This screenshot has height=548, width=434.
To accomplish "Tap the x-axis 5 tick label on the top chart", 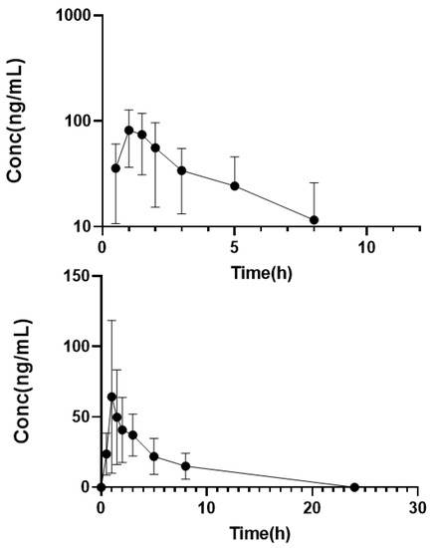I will click(234, 246).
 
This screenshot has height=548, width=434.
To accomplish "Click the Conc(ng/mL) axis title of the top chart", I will click(16, 121).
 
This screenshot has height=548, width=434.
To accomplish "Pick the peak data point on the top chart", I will click(128, 130).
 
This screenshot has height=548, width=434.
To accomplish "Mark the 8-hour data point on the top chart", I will click(314, 219).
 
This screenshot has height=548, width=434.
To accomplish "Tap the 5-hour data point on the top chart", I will click(234, 185).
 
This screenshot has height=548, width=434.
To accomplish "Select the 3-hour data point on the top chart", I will click(181, 170).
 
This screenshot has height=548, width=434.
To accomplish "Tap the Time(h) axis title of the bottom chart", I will click(261, 530).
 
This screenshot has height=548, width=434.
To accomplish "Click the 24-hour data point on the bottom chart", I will click(354, 486).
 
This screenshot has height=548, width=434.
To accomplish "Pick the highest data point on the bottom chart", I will click(111, 397).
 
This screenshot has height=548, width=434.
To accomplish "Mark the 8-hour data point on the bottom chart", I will click(185, 466).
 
